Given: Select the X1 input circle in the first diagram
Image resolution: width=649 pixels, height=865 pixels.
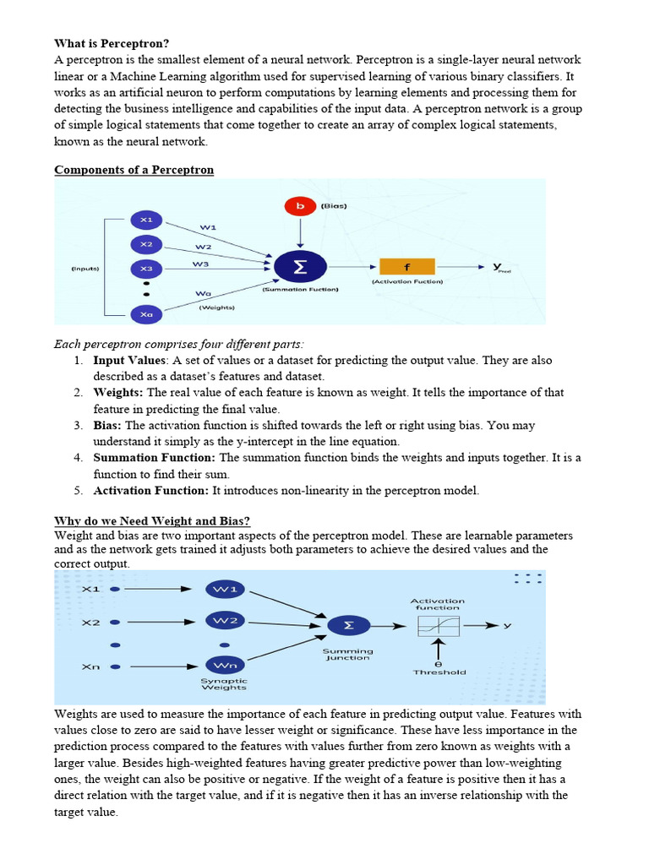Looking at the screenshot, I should [146, 220].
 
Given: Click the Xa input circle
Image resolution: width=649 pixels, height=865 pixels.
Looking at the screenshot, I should [146, 314].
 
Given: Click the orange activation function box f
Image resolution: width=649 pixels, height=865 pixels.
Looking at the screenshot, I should [406, 267].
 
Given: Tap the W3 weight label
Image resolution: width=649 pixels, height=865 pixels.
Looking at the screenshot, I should [200, 264].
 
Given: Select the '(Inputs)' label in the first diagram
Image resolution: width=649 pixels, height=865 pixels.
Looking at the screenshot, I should [85, 269].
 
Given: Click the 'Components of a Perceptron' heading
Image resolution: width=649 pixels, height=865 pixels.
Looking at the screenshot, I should [134, 170].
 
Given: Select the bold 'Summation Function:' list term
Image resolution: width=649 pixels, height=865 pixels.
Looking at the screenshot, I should [155, 458].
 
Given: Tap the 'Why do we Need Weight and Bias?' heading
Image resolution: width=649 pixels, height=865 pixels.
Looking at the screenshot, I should [152, 520].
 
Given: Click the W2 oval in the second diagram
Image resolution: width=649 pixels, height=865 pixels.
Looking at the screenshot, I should [226, 621].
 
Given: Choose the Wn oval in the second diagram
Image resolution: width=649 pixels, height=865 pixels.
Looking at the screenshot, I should [226, 666].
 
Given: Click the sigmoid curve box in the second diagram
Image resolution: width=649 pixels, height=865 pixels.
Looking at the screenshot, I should [438, 626].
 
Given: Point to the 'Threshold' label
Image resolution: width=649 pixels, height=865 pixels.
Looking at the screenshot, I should [439, 672].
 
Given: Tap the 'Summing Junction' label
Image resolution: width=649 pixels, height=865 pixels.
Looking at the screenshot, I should [347, 655].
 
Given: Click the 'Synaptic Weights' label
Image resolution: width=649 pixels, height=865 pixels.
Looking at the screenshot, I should [224, 684].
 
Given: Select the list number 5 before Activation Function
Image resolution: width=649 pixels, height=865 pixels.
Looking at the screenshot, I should [77, 491].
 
